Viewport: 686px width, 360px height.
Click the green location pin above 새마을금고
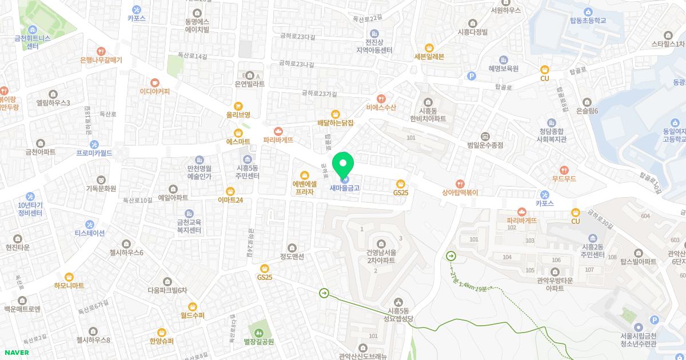tap(343, 164)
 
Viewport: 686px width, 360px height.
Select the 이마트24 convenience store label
tap(230, 200)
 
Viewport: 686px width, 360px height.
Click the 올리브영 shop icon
tap(238, 106)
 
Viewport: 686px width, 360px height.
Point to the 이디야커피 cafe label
tap(155, 91)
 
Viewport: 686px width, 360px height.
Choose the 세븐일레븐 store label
tap(429, 57)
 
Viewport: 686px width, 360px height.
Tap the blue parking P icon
tap(472, 75)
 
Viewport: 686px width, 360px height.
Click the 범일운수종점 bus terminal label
tap(485, 145)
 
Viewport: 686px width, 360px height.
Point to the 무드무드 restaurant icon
tap(564, 170)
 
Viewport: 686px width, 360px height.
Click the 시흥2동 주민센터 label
tap(593, 250)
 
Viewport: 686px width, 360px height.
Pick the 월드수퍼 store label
tap(193, 315)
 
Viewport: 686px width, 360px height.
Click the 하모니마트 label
tap(69, 285)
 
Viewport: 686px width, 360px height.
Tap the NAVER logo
tap(17, 353)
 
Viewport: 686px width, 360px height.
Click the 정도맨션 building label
tap(292, 257)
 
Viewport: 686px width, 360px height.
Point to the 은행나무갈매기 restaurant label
tap(101, 59)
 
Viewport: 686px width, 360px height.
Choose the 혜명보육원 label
tap(503, 68)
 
